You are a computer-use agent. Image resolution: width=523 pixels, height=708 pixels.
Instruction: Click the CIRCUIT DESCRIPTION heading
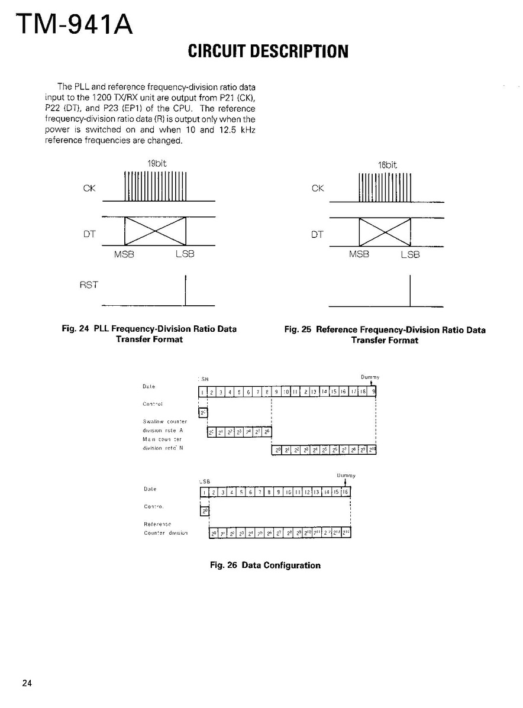pos(268,52)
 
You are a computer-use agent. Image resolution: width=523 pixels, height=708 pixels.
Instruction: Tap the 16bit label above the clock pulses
pos(387,165)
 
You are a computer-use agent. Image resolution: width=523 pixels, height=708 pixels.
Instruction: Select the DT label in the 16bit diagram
pos(318,234)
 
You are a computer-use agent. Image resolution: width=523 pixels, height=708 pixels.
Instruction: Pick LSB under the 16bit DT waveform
pos(410,254)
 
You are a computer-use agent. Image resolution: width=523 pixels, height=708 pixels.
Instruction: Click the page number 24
pos(27,683)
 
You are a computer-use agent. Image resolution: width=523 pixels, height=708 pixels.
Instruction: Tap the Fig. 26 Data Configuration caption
pos(265,565)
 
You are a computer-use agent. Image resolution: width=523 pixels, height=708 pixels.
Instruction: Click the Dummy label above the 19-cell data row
pos(370,377)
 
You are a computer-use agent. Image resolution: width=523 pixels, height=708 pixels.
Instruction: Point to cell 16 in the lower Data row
pos(346,492)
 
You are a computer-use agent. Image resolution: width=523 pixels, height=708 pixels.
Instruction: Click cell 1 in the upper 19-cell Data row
pos(202,392)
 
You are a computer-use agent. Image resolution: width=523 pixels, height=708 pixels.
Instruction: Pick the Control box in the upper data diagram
pos(202,412)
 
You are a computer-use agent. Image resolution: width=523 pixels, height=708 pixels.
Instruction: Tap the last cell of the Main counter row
pos(372,451)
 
